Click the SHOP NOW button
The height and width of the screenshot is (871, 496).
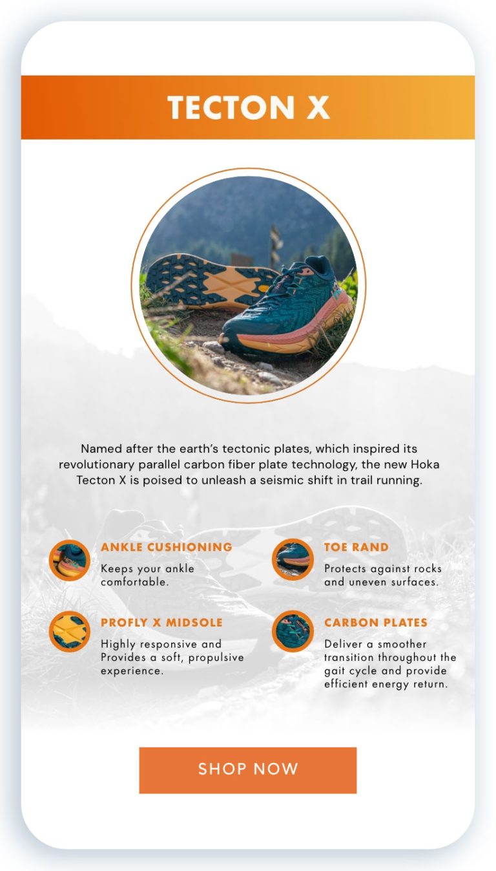click(248, 770)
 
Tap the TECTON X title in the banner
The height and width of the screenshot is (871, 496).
click(248, 108)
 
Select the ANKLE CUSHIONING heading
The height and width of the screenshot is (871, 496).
click(167, 547)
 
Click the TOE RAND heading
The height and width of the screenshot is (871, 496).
click(356, 547)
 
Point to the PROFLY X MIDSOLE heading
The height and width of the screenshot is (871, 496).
click(161, 623)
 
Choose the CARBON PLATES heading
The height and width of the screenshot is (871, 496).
click(376, 623)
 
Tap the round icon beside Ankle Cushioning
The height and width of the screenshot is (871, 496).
click(70, 561)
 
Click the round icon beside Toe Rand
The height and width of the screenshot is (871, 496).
click(293, 559)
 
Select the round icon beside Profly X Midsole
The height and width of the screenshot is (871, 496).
click(70, 632)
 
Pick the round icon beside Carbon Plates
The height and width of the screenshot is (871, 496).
click(293, 631)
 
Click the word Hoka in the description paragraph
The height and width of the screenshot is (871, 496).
click(425, 465)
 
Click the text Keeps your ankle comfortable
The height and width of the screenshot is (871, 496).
click(147, 575)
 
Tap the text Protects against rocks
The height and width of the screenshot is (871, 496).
click(382, 569)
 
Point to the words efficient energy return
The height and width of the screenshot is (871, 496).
click(386, 684)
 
